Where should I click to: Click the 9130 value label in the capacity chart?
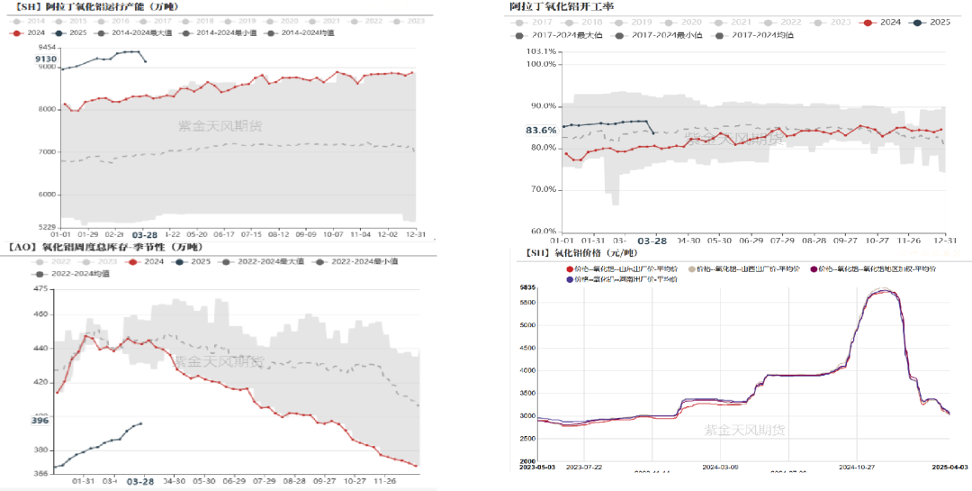[46, 59]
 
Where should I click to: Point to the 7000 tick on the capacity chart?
[45, 151]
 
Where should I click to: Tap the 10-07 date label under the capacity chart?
[333, 233]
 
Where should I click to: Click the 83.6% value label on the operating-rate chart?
[541, 131]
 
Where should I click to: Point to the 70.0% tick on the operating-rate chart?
[543, 189]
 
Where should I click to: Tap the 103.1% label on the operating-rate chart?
[542, 52]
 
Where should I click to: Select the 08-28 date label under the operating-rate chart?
[814, 241]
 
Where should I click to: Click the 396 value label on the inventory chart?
[40, 421]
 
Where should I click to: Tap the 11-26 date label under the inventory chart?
[391, 480]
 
